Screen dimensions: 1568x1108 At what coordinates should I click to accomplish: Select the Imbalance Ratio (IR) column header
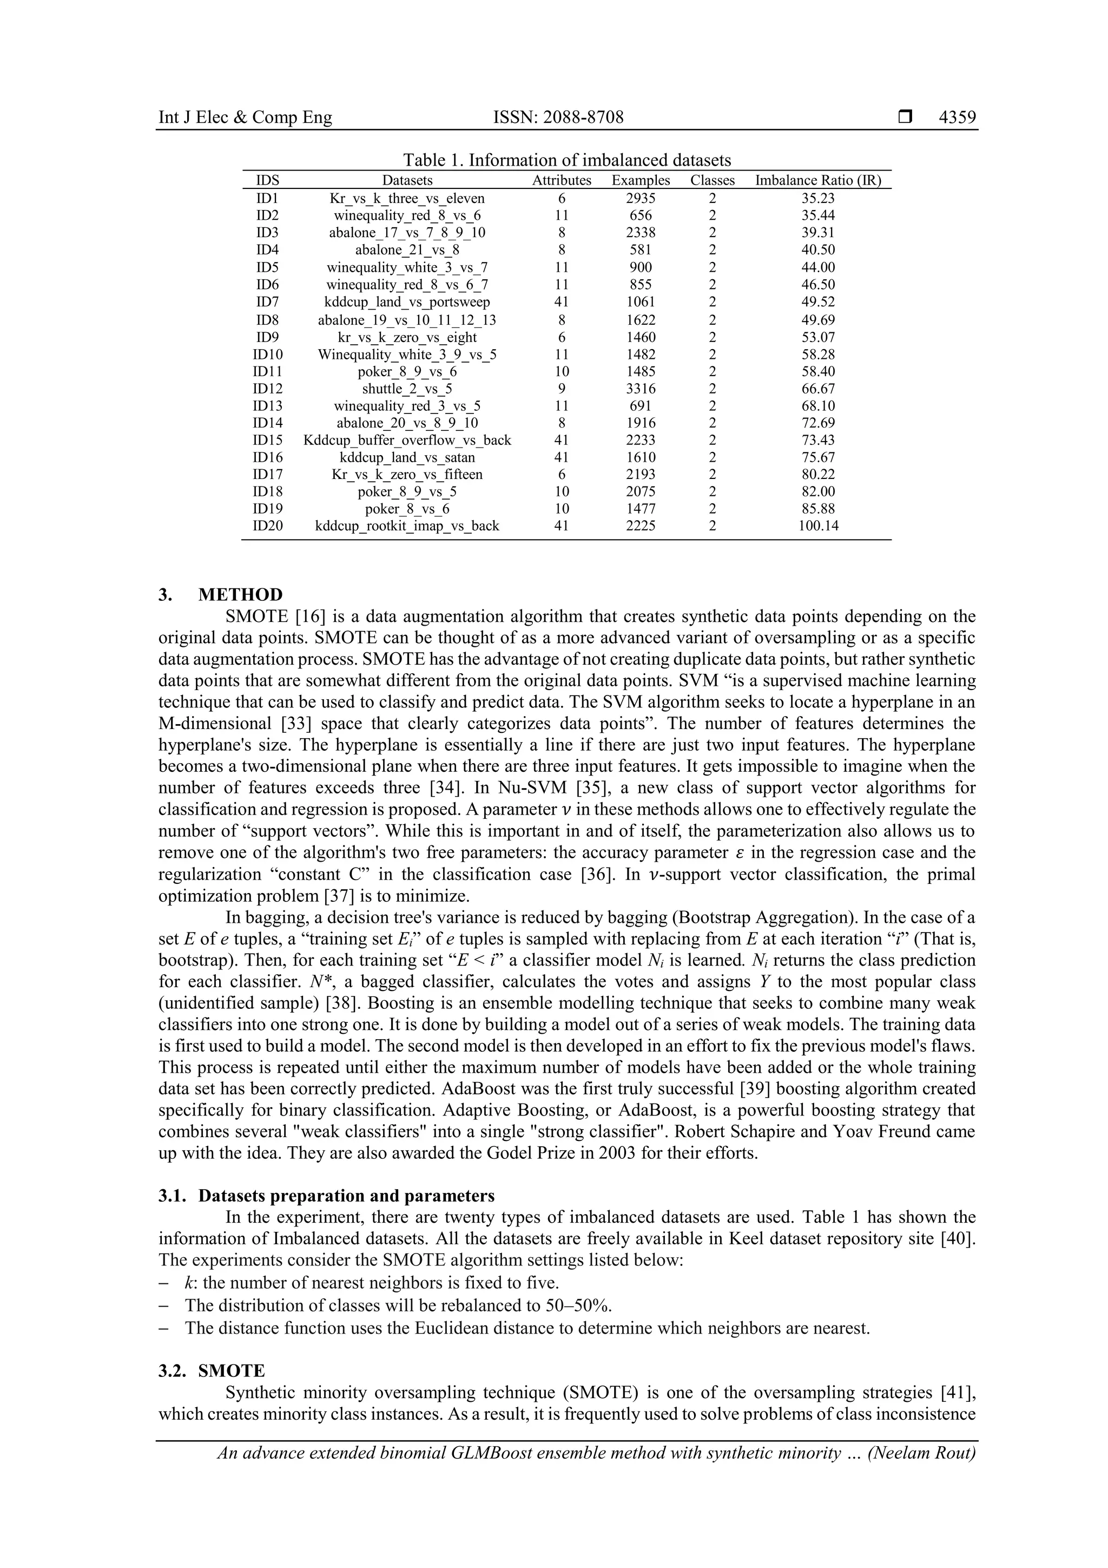818,180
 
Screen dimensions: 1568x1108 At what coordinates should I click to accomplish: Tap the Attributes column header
561,180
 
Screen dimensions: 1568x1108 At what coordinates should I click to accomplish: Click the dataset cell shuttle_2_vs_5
407,389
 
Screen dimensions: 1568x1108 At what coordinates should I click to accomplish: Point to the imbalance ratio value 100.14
818,526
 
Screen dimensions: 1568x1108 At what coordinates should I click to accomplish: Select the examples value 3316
641,389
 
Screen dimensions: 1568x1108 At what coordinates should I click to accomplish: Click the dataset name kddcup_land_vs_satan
407,457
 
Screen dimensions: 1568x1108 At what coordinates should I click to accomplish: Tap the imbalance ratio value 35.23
818,199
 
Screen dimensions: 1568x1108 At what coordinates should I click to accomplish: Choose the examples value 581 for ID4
641,250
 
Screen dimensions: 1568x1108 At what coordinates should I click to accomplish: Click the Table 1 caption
566,161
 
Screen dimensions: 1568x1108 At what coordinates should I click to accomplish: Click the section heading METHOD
240,594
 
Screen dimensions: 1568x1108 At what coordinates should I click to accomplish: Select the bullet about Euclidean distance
527,1328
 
